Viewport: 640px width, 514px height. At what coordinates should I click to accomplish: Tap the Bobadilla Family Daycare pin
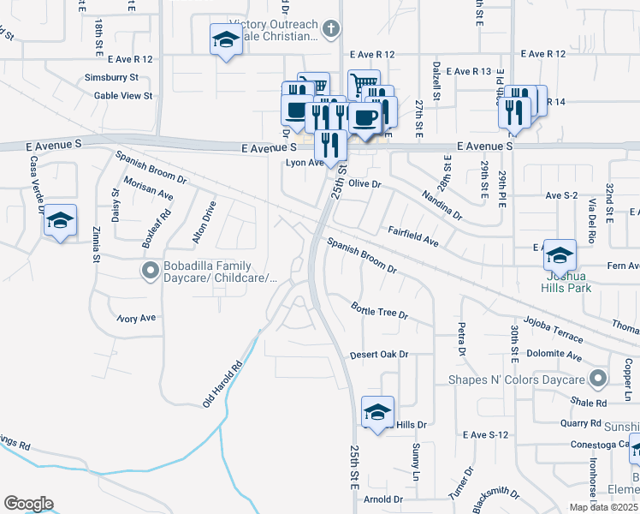click(x=150, y=272)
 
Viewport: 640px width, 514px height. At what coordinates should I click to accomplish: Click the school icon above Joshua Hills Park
click(x=560, y=254)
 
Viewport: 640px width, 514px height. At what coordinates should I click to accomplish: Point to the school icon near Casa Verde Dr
click(x=60, y=220)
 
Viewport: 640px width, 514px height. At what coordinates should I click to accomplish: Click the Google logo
click(x=28, y=504)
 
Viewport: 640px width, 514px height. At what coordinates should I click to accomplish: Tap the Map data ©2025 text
click(x=603, y=507)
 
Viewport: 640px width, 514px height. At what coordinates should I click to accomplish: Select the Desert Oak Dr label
click(x=379, y=355)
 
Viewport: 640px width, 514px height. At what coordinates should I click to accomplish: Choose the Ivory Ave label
click(x=137, y=318)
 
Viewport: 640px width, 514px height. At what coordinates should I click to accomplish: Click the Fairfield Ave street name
click(x=413, y=237)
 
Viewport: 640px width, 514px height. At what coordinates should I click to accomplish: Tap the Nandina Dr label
click(x=441, y=204)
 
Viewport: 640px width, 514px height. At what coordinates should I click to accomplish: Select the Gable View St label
click(x=123, y=96)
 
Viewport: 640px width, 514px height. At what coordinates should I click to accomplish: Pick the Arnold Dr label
click(x=382, y=499)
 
